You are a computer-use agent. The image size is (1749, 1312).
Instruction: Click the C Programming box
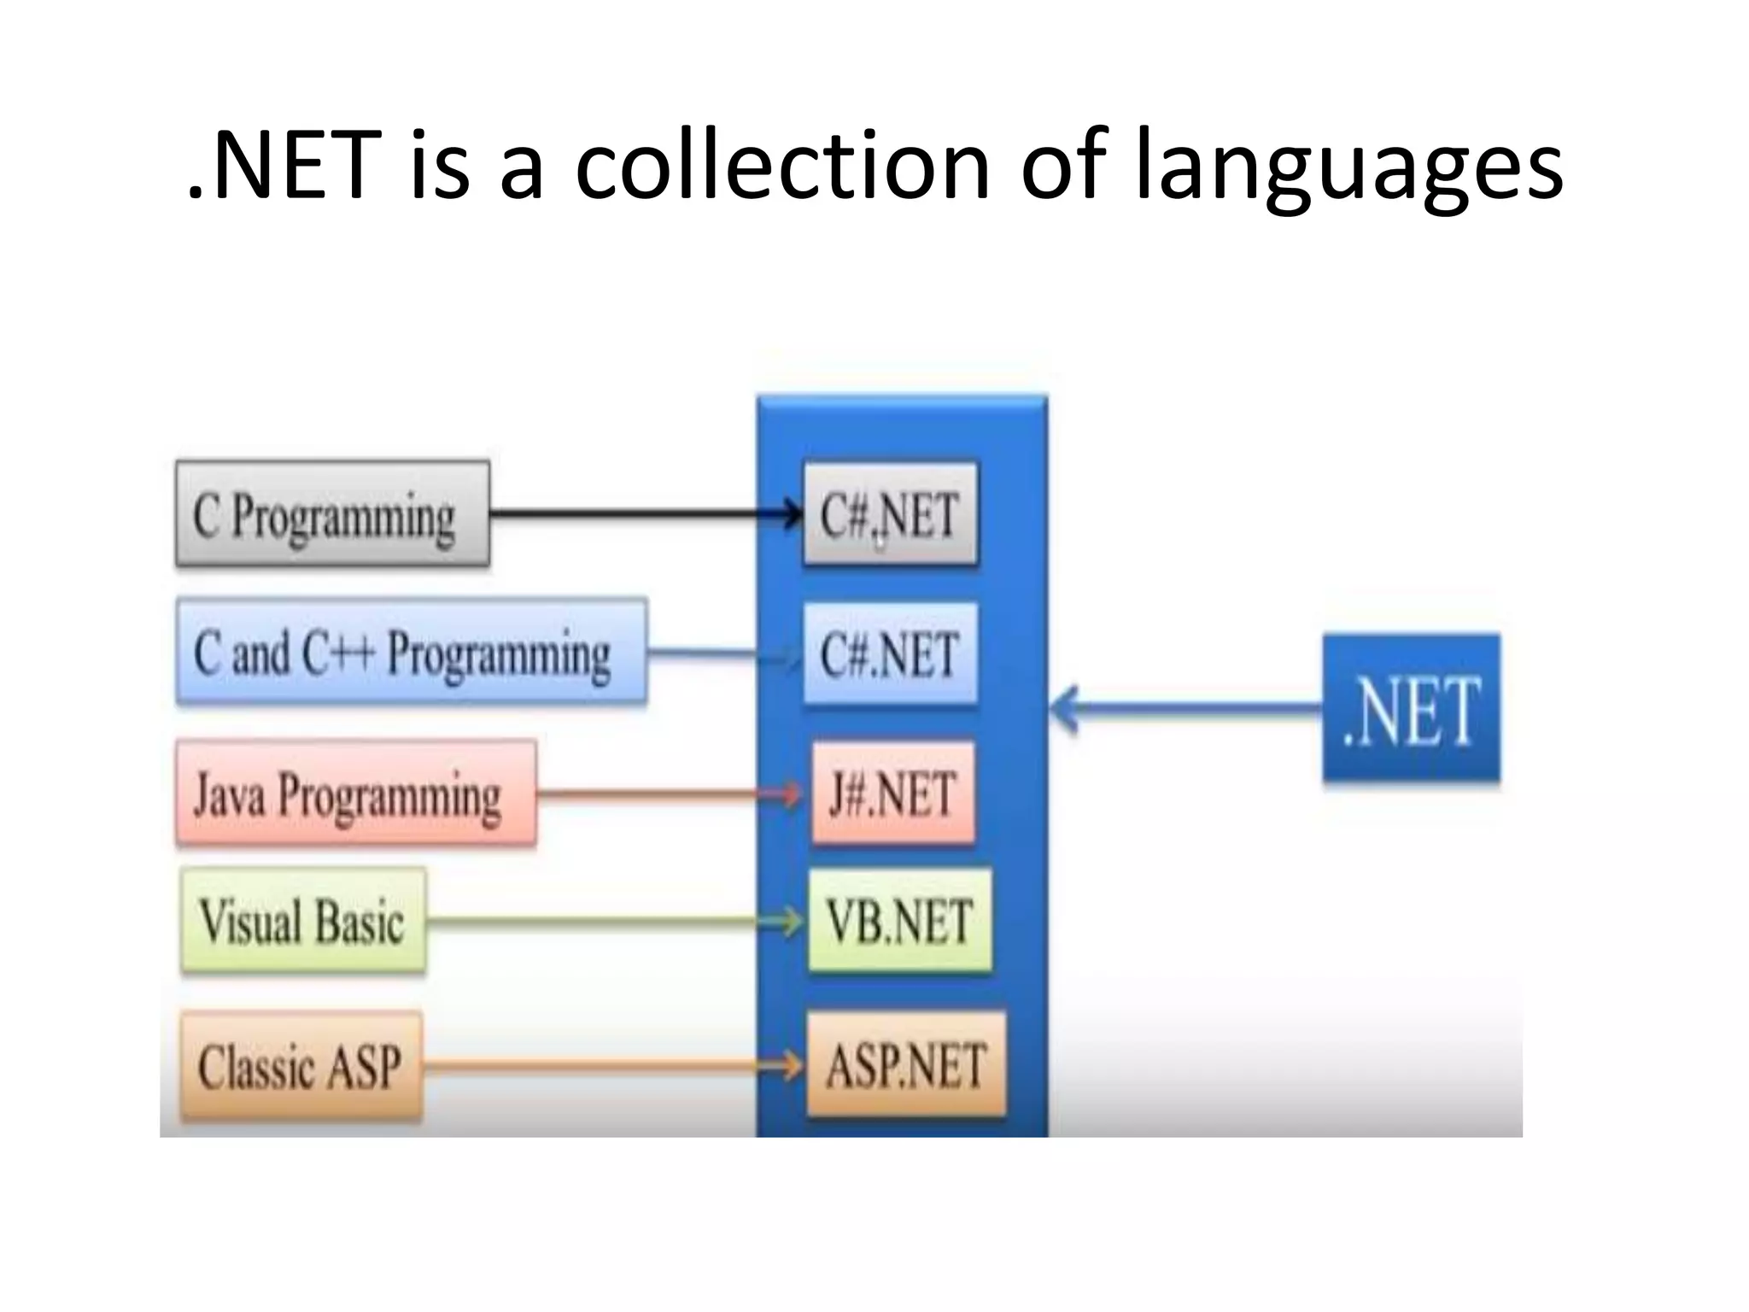332,514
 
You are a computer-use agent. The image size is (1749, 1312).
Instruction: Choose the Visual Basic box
303,922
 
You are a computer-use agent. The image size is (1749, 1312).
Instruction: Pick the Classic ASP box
301,1066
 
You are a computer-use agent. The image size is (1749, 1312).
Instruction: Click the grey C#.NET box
890,514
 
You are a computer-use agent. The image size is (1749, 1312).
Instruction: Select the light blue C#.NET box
890,654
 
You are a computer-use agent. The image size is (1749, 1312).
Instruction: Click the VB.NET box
899,921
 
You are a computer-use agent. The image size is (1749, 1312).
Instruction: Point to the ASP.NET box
905,1065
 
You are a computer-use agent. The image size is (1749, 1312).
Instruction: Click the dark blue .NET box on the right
1411,708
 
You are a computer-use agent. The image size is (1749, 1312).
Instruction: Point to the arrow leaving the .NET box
1187,708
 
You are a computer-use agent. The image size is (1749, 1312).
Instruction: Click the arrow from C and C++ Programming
722,654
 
